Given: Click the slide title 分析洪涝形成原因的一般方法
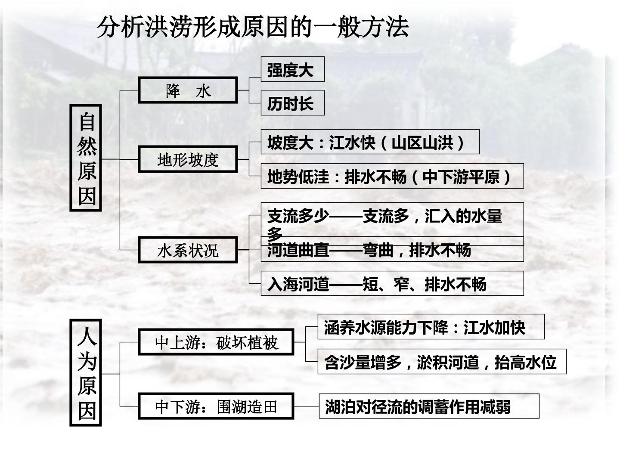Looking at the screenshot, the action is (253, 28).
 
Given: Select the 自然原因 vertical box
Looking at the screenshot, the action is (86, 158).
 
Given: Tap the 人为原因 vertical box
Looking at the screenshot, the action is (86, 373).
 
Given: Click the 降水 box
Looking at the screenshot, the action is (188, 90).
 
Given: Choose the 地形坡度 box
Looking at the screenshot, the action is (188, 159).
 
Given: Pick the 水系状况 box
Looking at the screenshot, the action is (188, 250).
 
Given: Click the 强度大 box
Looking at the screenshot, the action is (292, 69).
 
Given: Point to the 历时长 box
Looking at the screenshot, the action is (292, 103).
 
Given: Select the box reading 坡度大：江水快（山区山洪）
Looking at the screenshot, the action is (370, 142).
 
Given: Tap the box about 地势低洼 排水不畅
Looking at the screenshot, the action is (392, 176).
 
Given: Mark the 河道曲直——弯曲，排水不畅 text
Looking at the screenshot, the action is (369, 250).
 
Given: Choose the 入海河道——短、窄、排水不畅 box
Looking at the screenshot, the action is (392, 283).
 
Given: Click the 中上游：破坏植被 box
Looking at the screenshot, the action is (216, 342).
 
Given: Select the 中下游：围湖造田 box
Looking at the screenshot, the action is (216, 406).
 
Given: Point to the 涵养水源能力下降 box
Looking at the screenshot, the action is (431, 327).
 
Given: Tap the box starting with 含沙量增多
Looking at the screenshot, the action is (442, 362).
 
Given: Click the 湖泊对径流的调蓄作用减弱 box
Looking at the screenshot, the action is (429, 406).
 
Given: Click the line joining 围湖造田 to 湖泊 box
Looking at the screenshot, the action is (307, 406).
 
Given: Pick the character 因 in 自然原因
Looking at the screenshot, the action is (87, 195).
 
